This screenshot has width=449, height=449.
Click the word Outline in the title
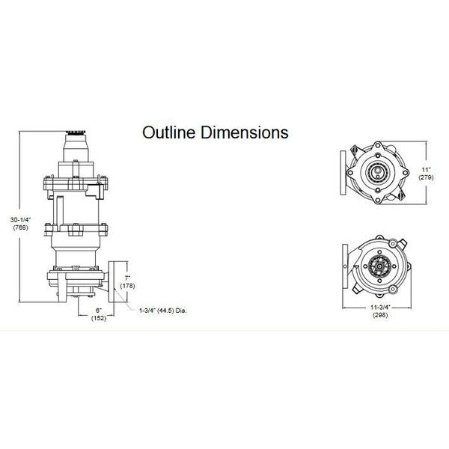tap(169, 132)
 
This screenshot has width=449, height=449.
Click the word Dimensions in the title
tap(244, 132)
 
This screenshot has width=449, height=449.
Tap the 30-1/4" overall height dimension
tap(20, 220)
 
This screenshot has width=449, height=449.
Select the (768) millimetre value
tap(20, 227)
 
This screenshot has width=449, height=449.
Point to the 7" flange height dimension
tap(127, 278)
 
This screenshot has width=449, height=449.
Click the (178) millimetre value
tap(127, 286)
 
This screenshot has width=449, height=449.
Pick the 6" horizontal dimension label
tap(99, 311)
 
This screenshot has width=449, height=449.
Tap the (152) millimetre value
tap(99, 318)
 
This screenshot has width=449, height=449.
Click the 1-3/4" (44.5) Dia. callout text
tap(163, 311)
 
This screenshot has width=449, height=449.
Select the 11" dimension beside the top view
tap(427, 170)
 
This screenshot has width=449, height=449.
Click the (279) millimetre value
tap(427, 177)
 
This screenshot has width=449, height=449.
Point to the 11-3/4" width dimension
tap(380, 308)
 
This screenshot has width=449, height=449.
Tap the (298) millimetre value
tap(380, 315)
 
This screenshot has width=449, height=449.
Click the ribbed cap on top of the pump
tap(76, 133)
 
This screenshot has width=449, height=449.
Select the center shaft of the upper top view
tap(377, 172)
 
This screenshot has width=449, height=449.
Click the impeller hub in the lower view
tap(379, 266)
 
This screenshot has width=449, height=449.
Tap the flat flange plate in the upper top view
tap(343, 173)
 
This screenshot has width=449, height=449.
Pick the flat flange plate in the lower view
tap(345, 266)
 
